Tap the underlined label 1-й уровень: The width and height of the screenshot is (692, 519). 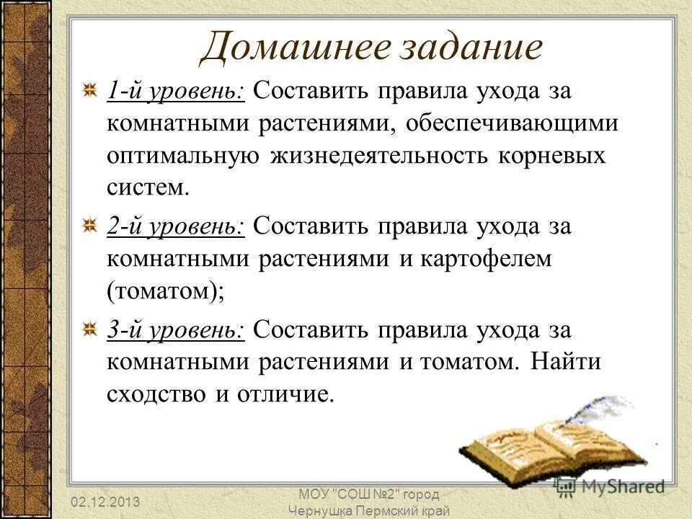pyautogui.click(x=177, y=92)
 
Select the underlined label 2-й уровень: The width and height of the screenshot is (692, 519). pyautogui.click(x=177, y=226)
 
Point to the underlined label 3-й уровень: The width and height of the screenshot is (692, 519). pyautogui.click(x=177, y=329)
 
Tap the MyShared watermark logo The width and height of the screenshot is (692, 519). pyautogui.click(x=610, y=487)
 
